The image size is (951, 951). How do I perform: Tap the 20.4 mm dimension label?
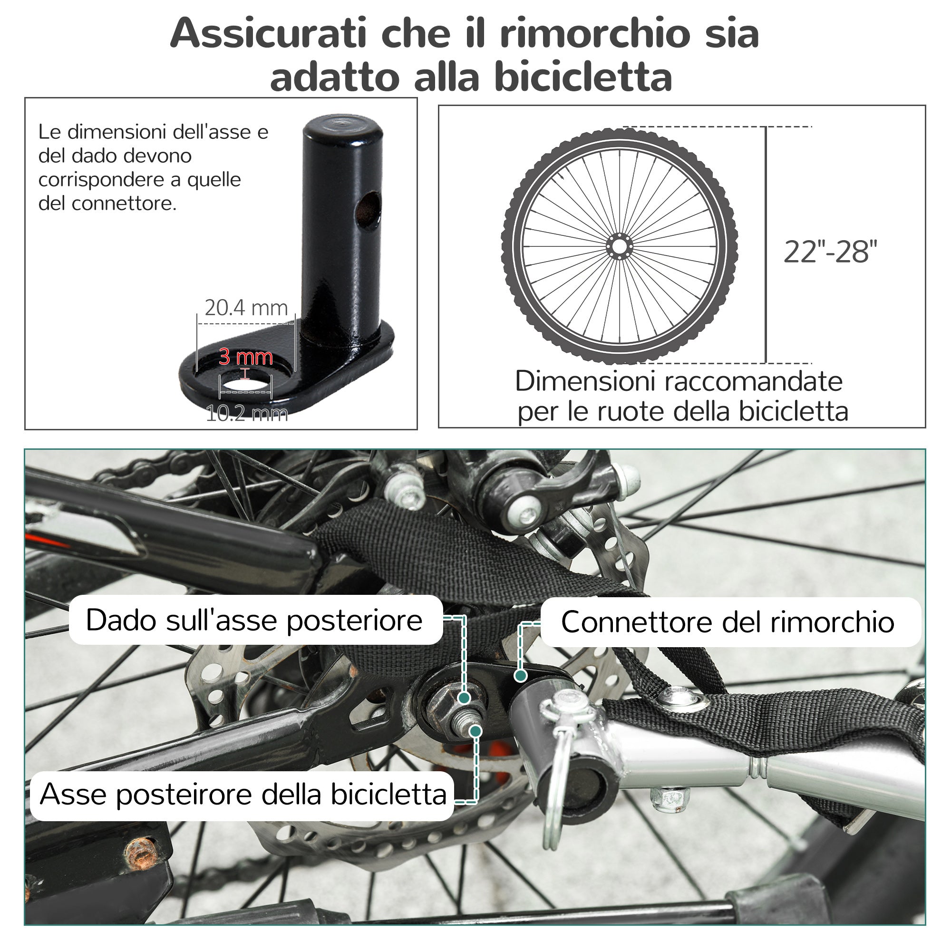[x=246, y=308]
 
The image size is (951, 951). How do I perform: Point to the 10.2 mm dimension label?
[x=247, y=414]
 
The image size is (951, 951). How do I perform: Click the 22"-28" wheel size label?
[x=830, y=252]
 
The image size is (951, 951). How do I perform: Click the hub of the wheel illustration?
[x=619, y=246]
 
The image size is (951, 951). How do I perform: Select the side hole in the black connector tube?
[x=369, y=210]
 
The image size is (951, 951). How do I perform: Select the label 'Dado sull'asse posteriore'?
[x=254, y=620]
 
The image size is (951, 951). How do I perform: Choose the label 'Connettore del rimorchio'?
[x=728, y=621]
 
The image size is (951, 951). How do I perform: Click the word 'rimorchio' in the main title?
[x=595, y=33]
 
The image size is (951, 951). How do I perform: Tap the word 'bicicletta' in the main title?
[x=583, y=78]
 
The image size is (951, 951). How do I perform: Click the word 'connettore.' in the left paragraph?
[x=124, y=204]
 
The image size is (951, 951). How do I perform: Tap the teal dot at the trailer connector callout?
[x=520, y=676]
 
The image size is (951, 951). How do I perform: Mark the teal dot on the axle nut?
[x=464, y=698]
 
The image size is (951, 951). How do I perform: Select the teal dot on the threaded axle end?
[x=475, y=731]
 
